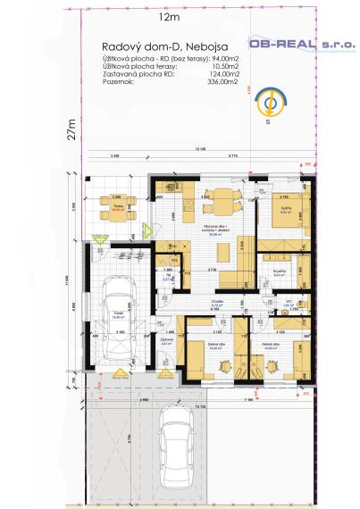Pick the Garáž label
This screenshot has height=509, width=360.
(x=118, y=313)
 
